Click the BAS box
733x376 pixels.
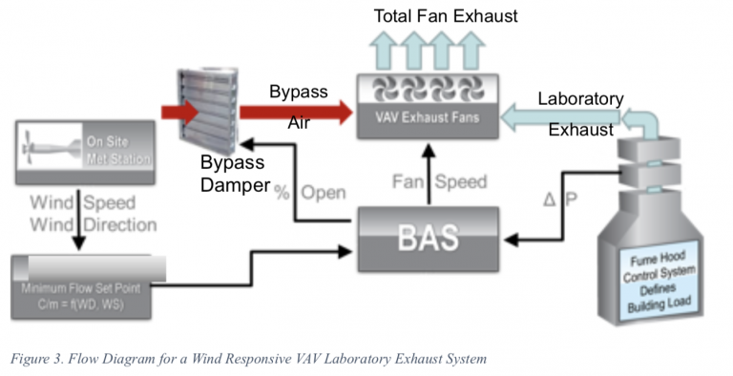pos(427,234)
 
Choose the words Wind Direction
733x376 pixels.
pos(92,226)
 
